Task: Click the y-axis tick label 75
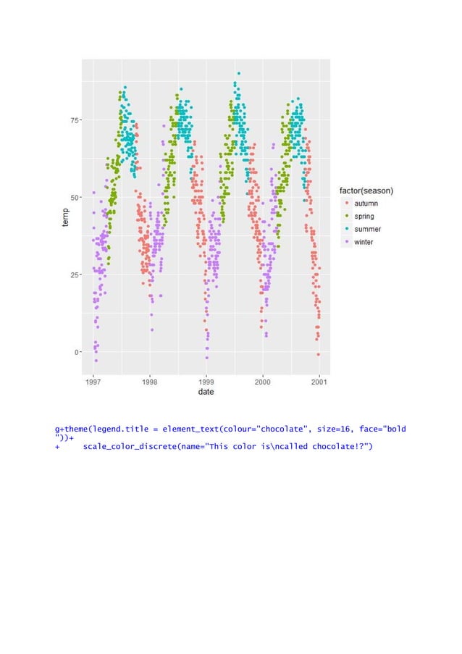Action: pyautogui.click(x=75, y=120)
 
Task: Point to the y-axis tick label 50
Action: pyautogui.click(x=75, y=197)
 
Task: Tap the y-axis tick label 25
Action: pyautogui.click(x=75, y=274)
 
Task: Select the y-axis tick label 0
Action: pyautogui.click(x=76, y=352)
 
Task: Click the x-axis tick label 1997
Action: pyautogui.click(x=93, y=381)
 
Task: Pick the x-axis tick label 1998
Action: pyautogui.click(x=150, y=381)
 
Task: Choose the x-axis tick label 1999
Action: pyautogui.click(x=206, y=381)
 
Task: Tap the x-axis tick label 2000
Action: pyautogui.click(x=262, y=381)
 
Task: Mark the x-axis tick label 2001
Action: pyautogui.click(x=319, y=381)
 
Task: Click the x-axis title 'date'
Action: pyautogui.click(x=206, y=393)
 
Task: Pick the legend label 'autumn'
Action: pyautogui.click(x=366, y=204)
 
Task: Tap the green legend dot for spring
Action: pyautogui.click(x=346, y=217)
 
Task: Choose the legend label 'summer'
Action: pyautogui.click(x=368, y=230)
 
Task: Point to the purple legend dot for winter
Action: pyautogui.click(x=346, y=243)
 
